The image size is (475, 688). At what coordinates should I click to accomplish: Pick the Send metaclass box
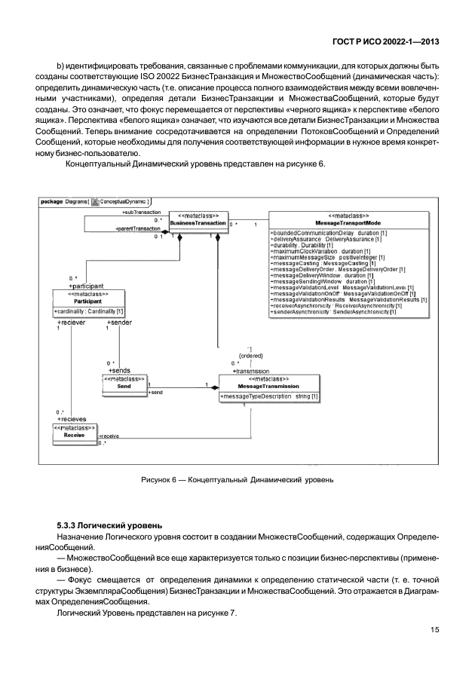(x=124, y=383)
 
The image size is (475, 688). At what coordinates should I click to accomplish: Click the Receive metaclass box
(x=74, y=434)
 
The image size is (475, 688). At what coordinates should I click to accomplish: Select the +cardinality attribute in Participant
(x=89, y=311)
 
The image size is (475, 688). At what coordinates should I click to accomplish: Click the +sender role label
(x=119, y=322)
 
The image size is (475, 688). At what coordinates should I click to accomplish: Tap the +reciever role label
(x=72, y=322)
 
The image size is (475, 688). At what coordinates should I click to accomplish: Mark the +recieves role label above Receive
(x=72, y=419)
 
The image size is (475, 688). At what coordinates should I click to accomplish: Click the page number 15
(x=435, y=630)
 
